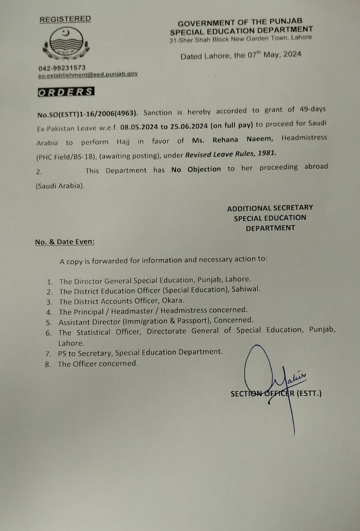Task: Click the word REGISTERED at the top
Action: (x=65, y=19)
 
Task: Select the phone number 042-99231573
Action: (x=62, y=68)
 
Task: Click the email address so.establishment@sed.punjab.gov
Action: (x=88, y=74)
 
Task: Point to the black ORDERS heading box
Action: (x=66, y=92)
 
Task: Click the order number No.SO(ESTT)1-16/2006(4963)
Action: (x=88, y=114)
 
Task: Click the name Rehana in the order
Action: (x=225, y=140)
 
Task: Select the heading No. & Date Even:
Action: (x=65, y=242)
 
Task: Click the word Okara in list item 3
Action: (x=173, y=300)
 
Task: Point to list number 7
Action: (x=48, y=354)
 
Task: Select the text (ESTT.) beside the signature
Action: (x=309, y=393)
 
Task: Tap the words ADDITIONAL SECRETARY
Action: (x=270, y=208)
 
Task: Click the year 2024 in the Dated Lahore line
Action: (x=292, y=54)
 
